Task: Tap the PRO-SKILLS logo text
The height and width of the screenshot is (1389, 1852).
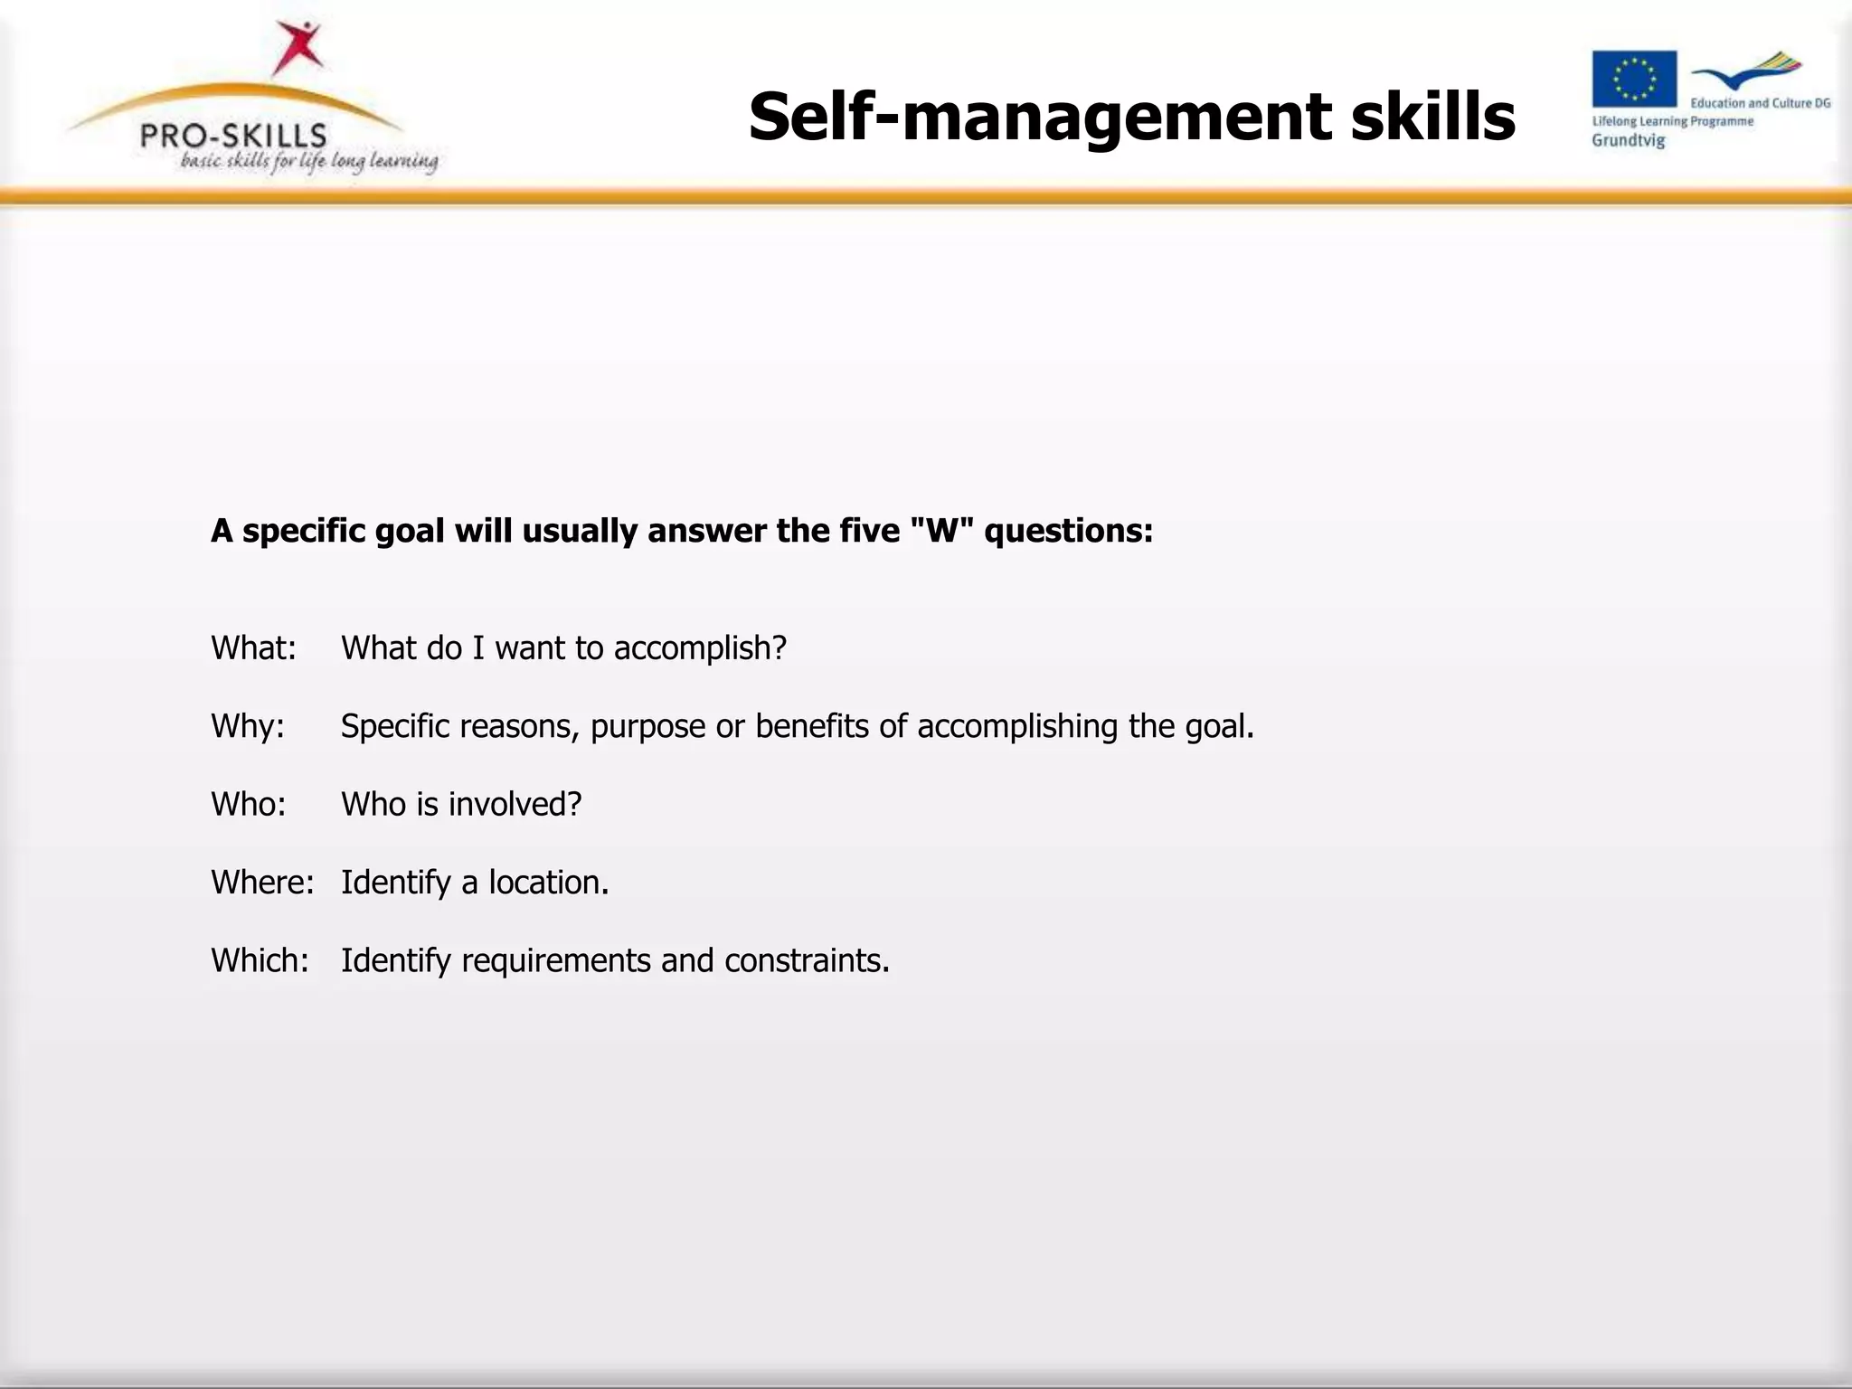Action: point(233,137)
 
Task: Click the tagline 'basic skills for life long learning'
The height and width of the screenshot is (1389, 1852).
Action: point(309,162)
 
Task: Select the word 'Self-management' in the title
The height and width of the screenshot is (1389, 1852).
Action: point(1040,118)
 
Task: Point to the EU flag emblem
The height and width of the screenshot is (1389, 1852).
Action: point(1634,80)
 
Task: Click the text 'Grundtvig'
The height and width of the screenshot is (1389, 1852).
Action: point(1628,141)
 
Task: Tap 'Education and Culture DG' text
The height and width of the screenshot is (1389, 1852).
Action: point(1760,103)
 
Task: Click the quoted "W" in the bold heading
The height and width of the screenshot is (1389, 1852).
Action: point(942,531)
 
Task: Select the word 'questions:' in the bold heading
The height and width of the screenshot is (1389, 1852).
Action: point(1069,532)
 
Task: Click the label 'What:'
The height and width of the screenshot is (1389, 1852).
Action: point(253,648)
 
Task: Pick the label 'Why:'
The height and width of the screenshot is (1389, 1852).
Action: point(247,726)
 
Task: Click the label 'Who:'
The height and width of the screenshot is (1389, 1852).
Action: point(248,804)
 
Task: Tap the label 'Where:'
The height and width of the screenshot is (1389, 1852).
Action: point(262,882)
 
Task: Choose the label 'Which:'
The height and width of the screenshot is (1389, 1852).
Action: point(260,960)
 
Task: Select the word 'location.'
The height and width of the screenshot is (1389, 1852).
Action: point(549,882)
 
